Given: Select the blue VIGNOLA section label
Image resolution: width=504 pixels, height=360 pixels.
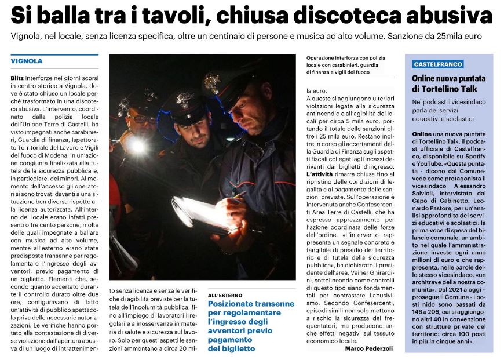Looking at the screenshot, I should [x=27, y=61].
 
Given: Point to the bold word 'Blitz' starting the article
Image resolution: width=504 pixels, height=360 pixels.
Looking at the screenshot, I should [x=18, y=77].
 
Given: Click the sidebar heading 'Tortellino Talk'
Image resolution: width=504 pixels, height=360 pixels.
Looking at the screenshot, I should [x=448, y=89].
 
